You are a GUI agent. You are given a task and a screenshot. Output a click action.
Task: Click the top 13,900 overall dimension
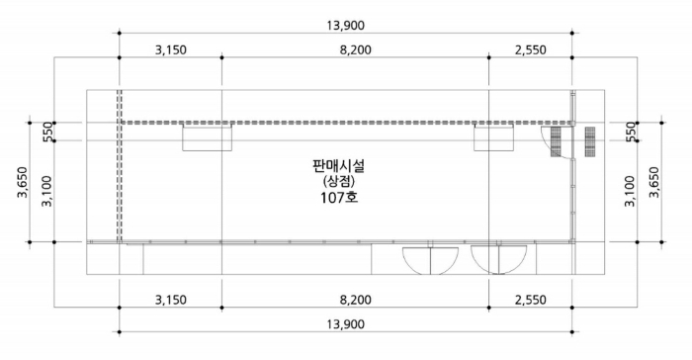[x=346, y=26]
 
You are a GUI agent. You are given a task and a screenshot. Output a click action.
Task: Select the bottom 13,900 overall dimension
[x=346, y=324]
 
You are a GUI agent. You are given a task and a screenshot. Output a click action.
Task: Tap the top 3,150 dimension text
[x=171, y=49]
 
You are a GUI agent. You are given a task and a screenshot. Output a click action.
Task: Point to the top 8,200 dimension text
[x=355, y=49]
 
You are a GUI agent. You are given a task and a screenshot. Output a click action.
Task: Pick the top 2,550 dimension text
[x=531, y=49]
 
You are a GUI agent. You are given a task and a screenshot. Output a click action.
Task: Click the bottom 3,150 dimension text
[x=171, y=300]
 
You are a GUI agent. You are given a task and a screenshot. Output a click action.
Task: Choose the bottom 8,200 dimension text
[x=355, y=300]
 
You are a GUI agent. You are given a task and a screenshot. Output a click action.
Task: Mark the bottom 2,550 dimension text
[x=531, y=300]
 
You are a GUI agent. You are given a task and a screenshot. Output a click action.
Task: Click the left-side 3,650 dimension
[x=23, y=182]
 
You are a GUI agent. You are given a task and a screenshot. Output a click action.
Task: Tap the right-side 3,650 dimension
[x=654, y=182]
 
